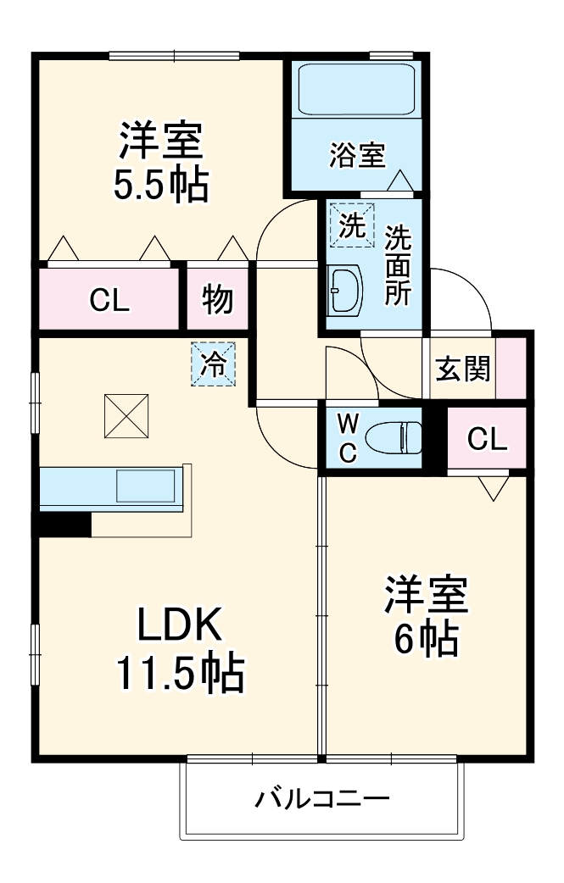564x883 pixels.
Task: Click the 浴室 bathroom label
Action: click(x=357, y=155)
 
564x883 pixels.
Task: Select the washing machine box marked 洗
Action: click(x=351, y=225)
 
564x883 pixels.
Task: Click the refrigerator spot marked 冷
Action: click(x=212, y=364)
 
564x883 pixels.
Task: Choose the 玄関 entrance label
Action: click(x=462, y=369)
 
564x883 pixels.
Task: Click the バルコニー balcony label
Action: click(x=322, y=798)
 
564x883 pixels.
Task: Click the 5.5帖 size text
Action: click(x=161, y=185)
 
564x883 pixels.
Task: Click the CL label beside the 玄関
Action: click(x=487, y=439)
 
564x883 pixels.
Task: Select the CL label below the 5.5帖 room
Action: click(x=110, y=301)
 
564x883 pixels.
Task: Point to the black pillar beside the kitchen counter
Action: click(x=63, y=524)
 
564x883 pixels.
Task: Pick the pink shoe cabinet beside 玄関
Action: click(x=511, y=366)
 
